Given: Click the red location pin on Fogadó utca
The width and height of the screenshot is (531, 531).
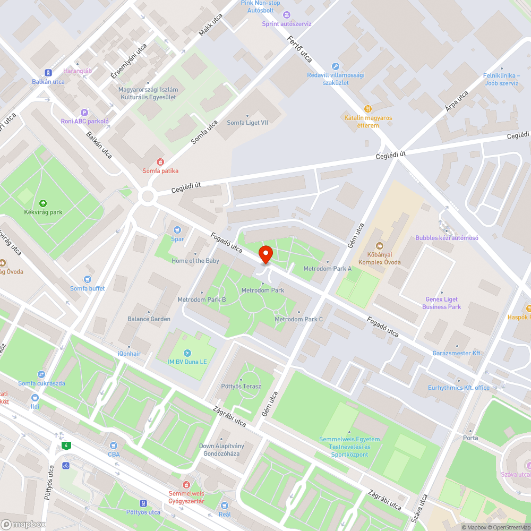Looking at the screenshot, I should [x=265, y=253].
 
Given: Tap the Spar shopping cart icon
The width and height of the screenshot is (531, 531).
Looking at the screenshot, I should [x=177, y=230].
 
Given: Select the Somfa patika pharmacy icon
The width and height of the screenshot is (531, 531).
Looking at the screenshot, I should [x=160, y=162].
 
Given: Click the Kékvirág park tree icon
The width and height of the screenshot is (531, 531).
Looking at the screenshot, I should [x=42, y=203].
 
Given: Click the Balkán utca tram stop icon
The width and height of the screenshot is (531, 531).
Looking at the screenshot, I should [x=48, y=73].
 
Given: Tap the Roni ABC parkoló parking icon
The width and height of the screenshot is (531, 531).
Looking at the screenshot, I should [x=84, y=112].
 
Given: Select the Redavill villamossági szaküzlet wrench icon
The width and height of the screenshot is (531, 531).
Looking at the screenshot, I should [x=335, y=66].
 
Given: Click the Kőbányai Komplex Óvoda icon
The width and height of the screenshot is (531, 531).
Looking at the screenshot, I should [x=379, y=246].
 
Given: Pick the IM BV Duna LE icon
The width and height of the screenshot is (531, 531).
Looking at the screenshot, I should [x=186, y=353].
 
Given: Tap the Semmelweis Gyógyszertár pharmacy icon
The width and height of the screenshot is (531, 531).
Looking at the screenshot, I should [x=186, y=485].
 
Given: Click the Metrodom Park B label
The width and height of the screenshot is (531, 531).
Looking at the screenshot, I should [x=202, y=299].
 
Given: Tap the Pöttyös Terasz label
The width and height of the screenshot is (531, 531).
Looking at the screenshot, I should [x=241, y=386].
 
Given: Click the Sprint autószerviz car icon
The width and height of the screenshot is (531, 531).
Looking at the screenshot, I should [x=287, y=15].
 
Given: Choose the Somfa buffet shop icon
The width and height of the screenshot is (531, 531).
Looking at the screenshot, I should [x=88, y=279].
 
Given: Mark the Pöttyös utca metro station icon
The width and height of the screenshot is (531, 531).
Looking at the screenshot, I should [x=143, y=503].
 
